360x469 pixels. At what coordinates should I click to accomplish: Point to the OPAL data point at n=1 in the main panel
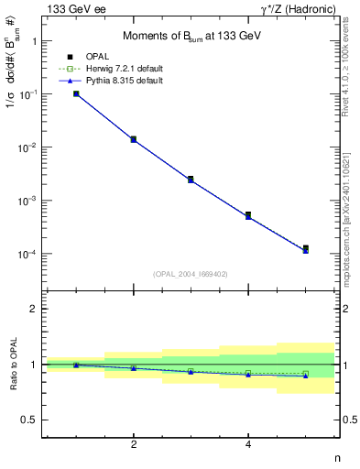(x=76, y=93)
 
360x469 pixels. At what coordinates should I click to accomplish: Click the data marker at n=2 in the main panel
(x=134, y=139)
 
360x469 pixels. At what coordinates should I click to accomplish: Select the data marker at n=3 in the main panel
(x=191, y=179)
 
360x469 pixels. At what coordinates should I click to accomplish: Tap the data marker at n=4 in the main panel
(x=248, y=214)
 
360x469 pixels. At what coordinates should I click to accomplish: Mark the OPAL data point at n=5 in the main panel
(x=305, y=247)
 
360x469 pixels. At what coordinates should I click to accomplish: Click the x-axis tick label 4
(x=248, y=444)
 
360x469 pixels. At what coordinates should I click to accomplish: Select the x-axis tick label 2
(x=134, y=444)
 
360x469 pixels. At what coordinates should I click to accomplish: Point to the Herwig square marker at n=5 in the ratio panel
(x=305, y=374)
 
